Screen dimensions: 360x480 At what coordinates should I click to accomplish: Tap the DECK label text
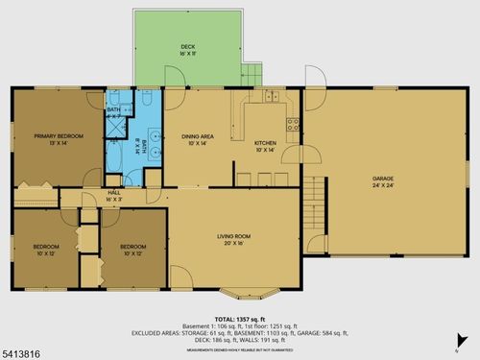click(x=187, y=46)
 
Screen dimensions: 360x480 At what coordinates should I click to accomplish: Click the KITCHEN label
click(x=265, y=142)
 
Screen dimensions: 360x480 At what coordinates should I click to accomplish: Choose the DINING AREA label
click(x=197, y=136)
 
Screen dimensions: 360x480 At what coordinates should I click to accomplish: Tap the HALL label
click(x=113, y=192)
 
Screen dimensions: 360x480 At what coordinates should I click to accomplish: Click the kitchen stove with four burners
click(x=294, y=123)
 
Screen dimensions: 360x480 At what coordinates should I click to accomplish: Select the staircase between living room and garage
click(x=309, y=203)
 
